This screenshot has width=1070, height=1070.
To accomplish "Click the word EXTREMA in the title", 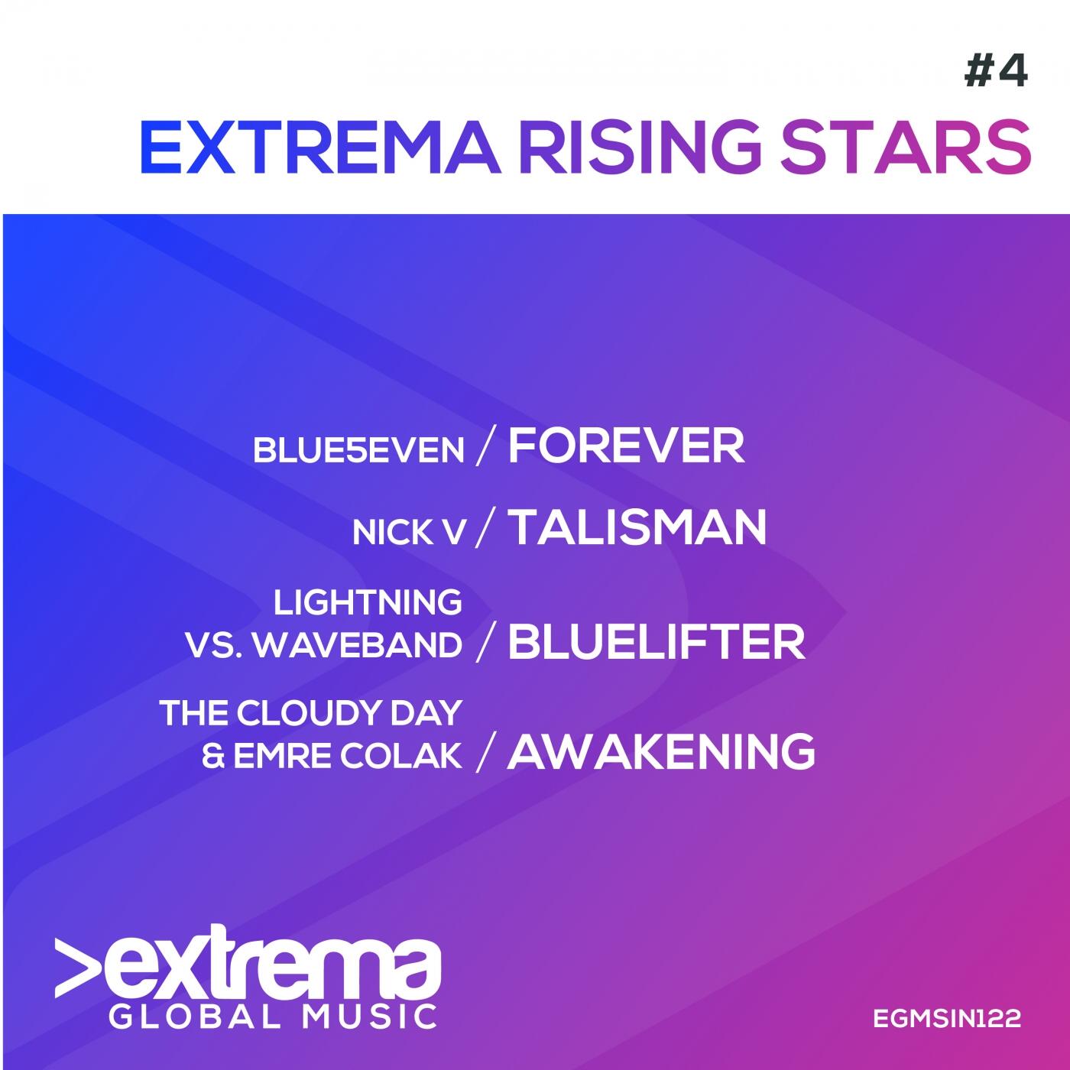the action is point(319,148).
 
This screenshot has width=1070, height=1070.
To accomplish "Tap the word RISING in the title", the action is point(640,148).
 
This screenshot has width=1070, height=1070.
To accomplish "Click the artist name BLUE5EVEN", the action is point(358,449).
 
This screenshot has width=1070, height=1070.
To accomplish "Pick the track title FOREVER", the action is point(626,446).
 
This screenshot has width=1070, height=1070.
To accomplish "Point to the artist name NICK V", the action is point(409,533).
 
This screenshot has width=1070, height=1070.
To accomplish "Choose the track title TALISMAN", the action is point(637,528).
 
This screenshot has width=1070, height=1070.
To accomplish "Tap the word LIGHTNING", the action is point(368,602).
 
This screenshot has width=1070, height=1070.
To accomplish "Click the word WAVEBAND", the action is point(361,646).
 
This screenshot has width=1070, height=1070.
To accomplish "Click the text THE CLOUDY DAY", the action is point(311,712).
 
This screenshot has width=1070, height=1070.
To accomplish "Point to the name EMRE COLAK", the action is point(348,757).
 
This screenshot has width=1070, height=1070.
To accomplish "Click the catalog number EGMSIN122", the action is point(947,1018).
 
